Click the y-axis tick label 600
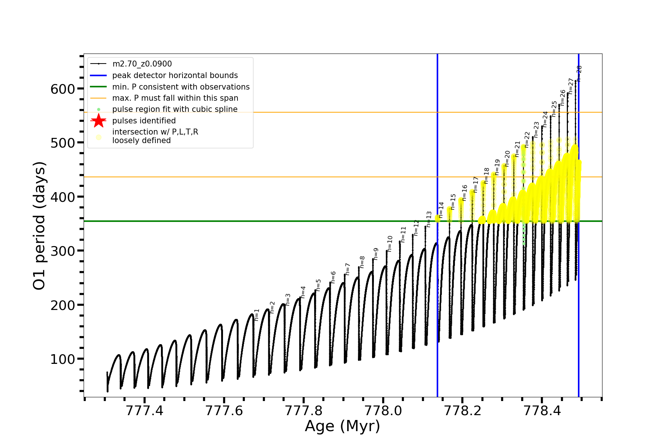click(x=62, y=89)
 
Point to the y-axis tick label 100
click(x=62, y=359)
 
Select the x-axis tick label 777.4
click(x=145, y=411)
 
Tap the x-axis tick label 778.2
click(x=462, y=411)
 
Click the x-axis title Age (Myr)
click(x=342, y=426)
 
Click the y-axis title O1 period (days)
click(x=39, y=226)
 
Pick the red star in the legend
click(x=98, y=121)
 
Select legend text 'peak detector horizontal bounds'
click(x=175, y=75)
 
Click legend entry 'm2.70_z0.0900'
click(x=142, y=64)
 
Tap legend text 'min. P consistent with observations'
click(x=181, y=87)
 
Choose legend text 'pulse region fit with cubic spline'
click(x=175, y=109)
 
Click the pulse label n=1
click(x=257, y=314)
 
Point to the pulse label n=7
click(x=348, y=269)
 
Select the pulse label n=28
click(x=579, y=73)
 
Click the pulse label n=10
click(x=390, y=243)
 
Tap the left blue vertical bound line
click(x=437, y=297)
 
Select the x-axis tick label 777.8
click(x=304, y=411)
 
